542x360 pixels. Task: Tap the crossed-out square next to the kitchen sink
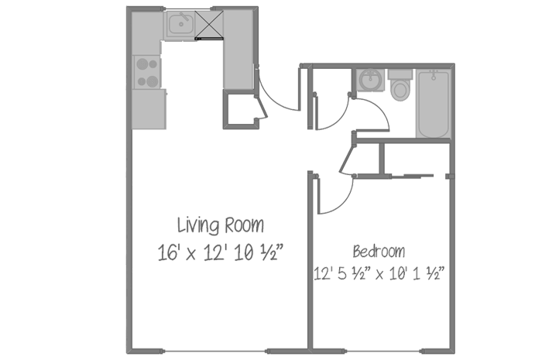point(209,25)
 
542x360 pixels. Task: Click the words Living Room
point(221,226)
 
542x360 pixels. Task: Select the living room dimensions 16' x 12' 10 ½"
point(221,251)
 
